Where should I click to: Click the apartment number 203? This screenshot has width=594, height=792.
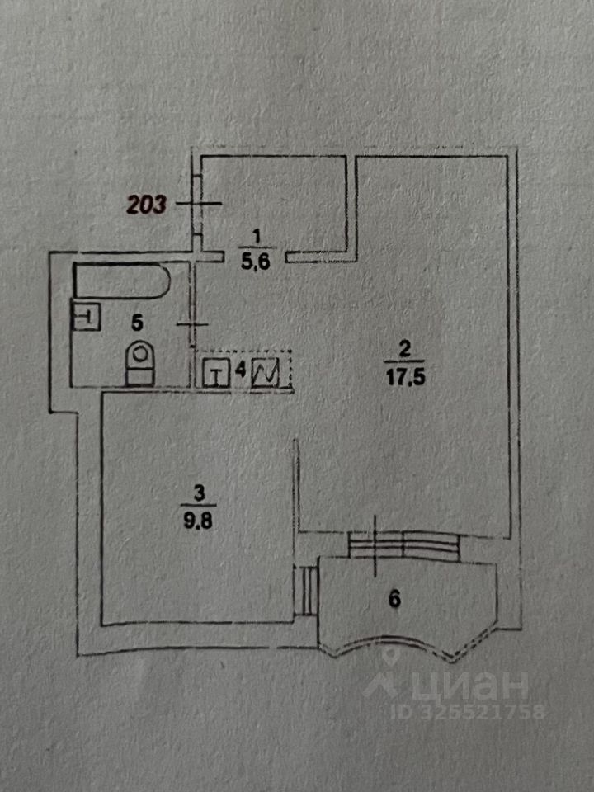coord(146,203)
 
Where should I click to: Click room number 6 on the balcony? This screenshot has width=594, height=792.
coord(394,600)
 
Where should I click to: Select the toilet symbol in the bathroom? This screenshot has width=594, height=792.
coord(139,363)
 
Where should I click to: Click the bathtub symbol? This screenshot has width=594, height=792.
coord(121,281)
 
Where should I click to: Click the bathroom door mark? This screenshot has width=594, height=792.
coord(195,324)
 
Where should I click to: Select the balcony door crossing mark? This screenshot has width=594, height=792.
coord(378,544)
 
